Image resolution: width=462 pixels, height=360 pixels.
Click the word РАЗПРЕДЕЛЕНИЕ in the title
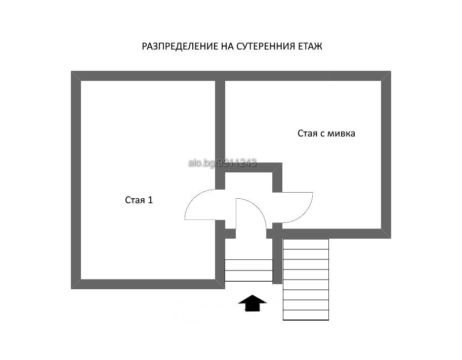(180, 47)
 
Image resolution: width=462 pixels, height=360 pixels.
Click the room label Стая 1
(139, 200)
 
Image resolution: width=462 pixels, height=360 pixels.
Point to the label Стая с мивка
(326, 133)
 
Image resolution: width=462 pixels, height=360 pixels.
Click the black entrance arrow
(253, 303)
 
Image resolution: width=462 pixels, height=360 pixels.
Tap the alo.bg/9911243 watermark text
(222, 162)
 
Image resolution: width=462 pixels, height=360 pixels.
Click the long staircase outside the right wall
(306, 279)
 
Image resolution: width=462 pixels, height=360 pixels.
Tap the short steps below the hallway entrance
(248, 270)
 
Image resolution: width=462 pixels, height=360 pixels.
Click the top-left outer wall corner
(71, 71)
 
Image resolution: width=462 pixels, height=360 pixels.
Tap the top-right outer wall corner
(391, 71)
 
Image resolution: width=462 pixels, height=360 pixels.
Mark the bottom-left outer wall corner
(71, 289)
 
